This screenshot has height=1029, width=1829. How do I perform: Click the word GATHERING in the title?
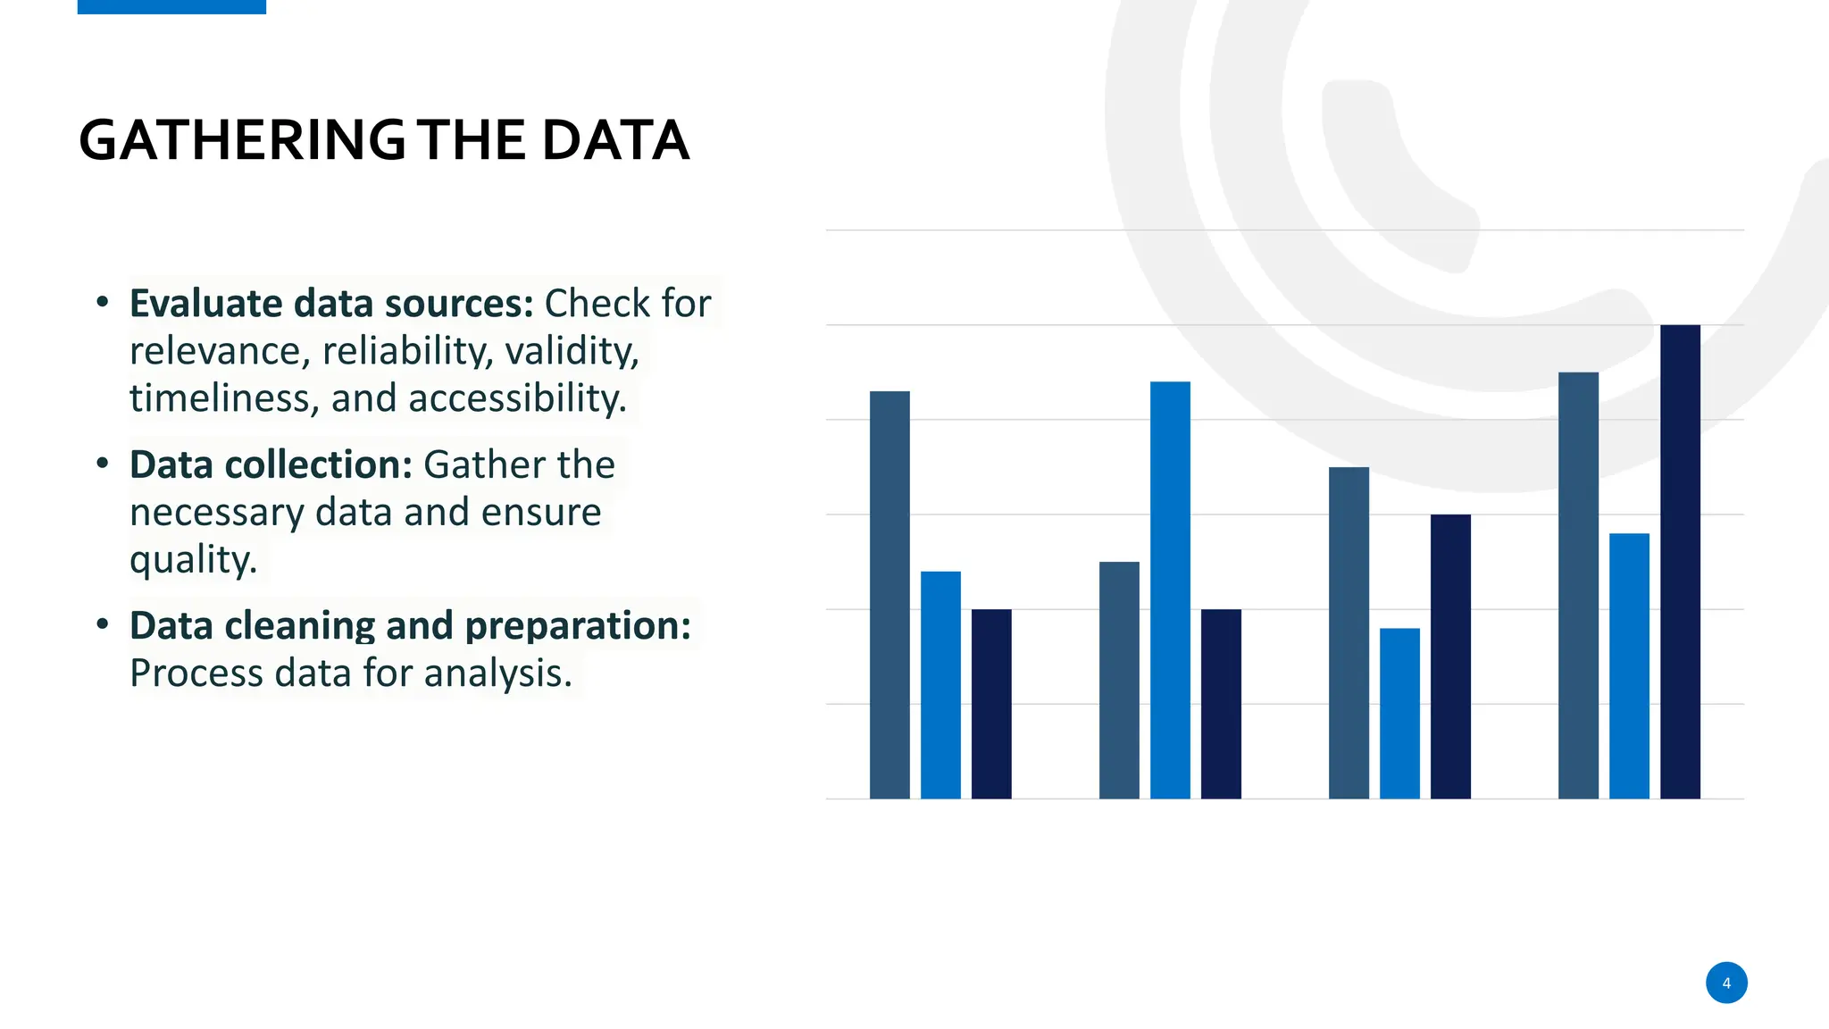242,140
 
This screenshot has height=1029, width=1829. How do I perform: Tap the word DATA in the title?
614,140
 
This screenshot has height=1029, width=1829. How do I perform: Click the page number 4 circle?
1725,983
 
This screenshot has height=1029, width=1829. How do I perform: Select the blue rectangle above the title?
171,6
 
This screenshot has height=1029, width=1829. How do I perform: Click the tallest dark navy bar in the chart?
1680,563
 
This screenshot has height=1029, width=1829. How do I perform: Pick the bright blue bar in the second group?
1170,590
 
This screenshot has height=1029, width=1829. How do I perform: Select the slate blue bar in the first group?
889,594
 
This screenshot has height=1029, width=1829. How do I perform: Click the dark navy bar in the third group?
1450,657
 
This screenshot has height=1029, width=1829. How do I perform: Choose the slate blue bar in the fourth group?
1578,585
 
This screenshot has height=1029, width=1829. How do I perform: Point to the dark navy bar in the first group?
991,704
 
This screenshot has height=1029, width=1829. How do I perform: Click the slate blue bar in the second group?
1119,680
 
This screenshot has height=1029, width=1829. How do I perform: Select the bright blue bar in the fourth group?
1629,665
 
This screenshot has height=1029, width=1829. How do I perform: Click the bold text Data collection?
271,464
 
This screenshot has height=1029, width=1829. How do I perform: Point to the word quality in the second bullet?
192,560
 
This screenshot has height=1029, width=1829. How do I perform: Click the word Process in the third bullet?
196,673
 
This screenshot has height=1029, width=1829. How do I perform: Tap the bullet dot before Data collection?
103,464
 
